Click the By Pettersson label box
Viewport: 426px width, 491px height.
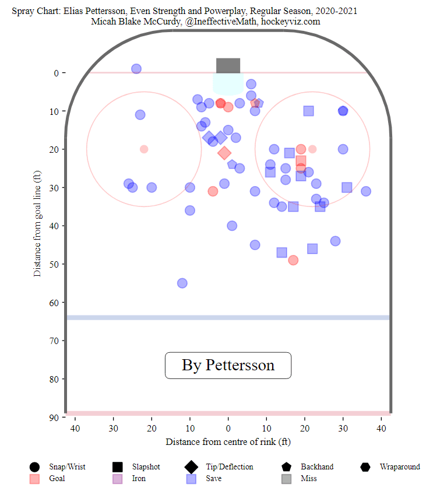coord(228,365)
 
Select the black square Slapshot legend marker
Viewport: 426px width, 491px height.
coord(117,467)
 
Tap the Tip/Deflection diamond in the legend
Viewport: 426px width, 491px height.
coord(190,467)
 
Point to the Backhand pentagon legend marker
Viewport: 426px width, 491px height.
coord(286,467)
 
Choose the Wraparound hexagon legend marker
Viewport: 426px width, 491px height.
coord(365,467)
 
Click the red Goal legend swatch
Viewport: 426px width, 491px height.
coord(34,479)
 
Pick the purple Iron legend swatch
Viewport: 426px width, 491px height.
coord(117,479)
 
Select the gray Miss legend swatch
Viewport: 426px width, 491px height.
coord(286,479)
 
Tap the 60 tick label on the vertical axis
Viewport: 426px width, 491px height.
coord(54,303)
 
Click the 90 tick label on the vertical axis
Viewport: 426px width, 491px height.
coord(54,418)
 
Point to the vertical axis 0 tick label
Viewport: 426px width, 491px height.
coord(56,73)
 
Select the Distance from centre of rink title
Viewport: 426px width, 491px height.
coord(228,442)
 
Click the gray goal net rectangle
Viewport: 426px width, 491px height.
coord(228,65)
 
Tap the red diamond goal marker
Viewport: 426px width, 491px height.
coord(224,153)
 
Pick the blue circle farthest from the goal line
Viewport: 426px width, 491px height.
coord(182,283)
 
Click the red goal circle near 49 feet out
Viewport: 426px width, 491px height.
coord(293,260)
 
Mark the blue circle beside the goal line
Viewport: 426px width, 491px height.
coord(136,69)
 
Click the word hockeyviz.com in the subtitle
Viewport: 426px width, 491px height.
coord(291,21)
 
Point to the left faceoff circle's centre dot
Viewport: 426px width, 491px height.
coord(144,149)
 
